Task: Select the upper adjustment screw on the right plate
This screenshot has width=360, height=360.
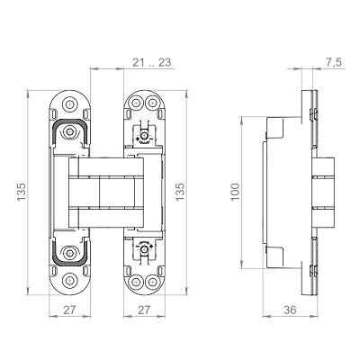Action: coord(140,135)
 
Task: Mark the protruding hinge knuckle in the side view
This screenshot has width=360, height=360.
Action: coord(321,193)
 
